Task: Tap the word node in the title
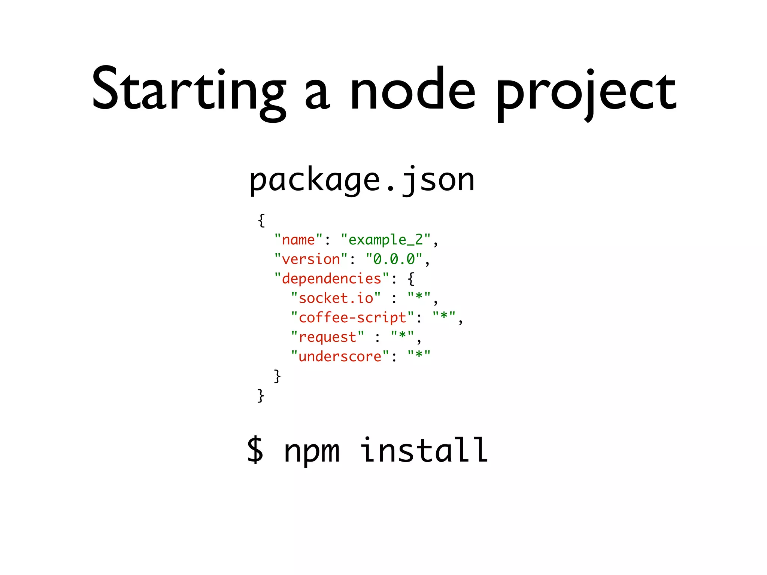[412, 90]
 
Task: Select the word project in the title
[586, 92]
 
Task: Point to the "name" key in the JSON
[298, 240]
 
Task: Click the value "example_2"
[386, 240]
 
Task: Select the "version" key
[311, 259]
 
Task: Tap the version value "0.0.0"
[394, 259]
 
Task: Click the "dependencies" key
[332, 279]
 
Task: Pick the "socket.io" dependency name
[336, 298]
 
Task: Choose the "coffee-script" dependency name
[352, 317]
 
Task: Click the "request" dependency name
[327, 337]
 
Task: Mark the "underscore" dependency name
[340, 356]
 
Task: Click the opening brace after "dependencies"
[411, 279]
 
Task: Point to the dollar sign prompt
[255, 450]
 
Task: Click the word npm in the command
[312, 451]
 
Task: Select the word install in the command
[424, 450]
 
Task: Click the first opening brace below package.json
[261, 220]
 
